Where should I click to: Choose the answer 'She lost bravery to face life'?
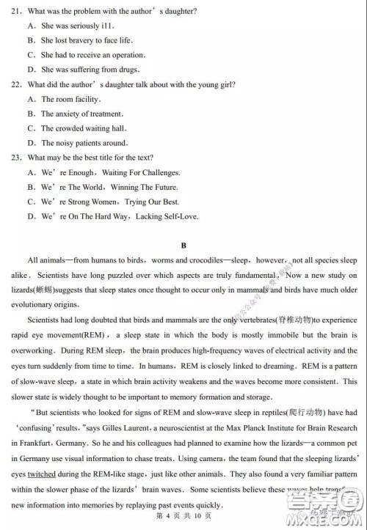click(x=87, y=40)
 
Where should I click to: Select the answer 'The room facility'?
click(x=70, y=99)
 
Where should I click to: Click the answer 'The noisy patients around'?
click(x=84, y=143)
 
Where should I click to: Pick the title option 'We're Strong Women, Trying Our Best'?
click(x=111, y=202)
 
